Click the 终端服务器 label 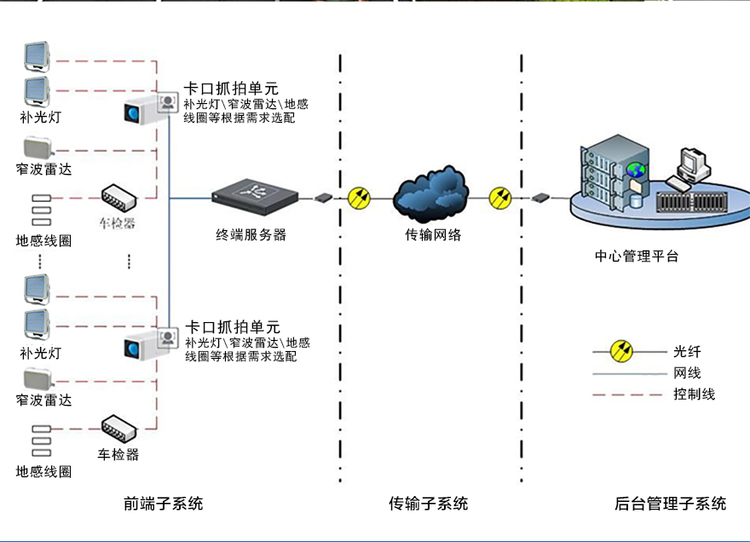coord(251,235)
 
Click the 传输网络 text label coord(433,234)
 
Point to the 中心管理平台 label coord(637,256)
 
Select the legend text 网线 coord(687,372)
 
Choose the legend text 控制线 coord(694,394)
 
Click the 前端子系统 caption coord(164,504)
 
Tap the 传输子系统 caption coord(429,504)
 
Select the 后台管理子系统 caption coord(671,504)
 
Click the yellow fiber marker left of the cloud coord(359,199)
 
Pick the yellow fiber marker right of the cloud coord(501,199)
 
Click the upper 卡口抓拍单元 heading coord(232,89)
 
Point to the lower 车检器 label coord(118,454)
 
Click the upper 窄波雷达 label coord(43,169)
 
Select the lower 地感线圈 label coord(43,471)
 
